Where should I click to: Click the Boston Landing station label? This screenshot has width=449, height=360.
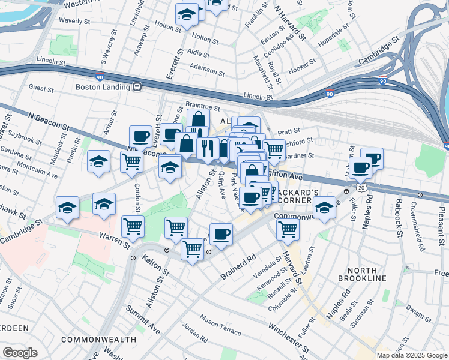[x=103, y=86]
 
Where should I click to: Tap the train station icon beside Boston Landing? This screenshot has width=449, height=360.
[x=137, y=86]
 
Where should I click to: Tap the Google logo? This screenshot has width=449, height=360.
[x=20, y=352]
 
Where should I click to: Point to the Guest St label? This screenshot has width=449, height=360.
[x=41, y=88]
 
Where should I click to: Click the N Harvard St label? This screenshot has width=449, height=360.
[x=289, y=23]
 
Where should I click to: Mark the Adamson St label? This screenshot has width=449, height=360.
[x=208, y=72]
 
